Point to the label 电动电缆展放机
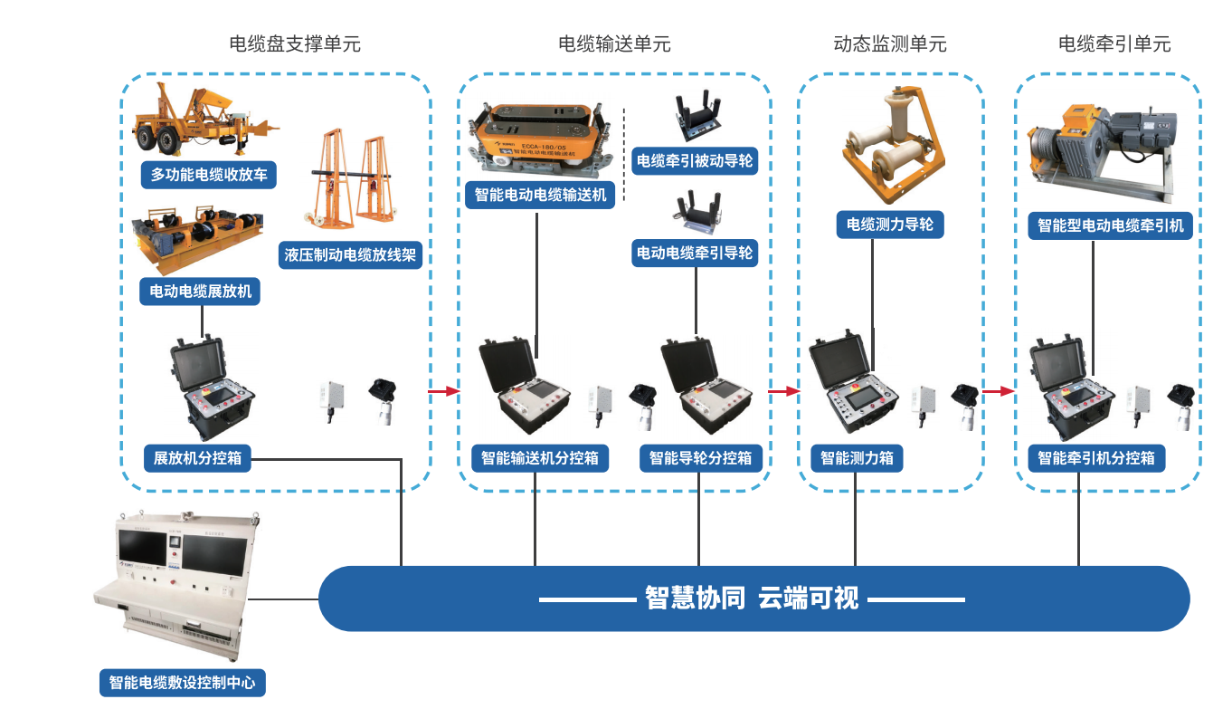point(200,292)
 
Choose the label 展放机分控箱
point(197,458)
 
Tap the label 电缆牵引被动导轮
point(695,162)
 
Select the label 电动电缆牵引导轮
point(695,253)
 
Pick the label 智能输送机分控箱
point(540,458)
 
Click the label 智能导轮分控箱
point(701,458)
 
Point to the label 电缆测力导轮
point(889,225)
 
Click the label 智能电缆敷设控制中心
point(182,683)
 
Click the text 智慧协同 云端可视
point(752,599)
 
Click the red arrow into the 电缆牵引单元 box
point(998,391)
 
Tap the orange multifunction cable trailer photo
point(204,122)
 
